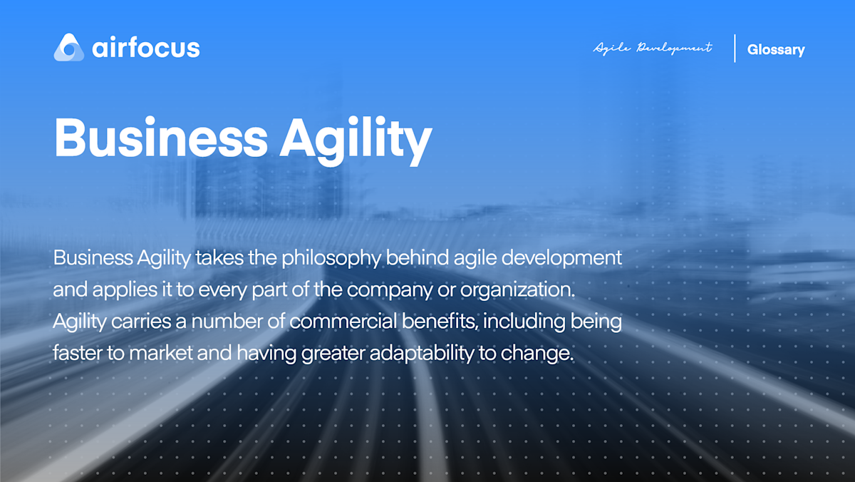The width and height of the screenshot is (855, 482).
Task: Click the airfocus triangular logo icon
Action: pos(69,47)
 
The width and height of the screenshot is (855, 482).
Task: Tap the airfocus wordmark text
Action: pos(146,48)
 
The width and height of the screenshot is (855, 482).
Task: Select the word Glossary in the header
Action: pos(776,50)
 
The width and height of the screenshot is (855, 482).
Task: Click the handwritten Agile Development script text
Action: pos(653,48)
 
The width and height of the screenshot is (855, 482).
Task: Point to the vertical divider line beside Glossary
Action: pos(735,48)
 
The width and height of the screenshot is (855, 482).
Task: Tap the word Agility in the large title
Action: pos(356,138)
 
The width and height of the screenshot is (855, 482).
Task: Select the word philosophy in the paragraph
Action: pos(331,258)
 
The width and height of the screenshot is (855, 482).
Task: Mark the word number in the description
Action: pos(227,322)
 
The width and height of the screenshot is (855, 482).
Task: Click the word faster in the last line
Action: pos(76,354)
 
